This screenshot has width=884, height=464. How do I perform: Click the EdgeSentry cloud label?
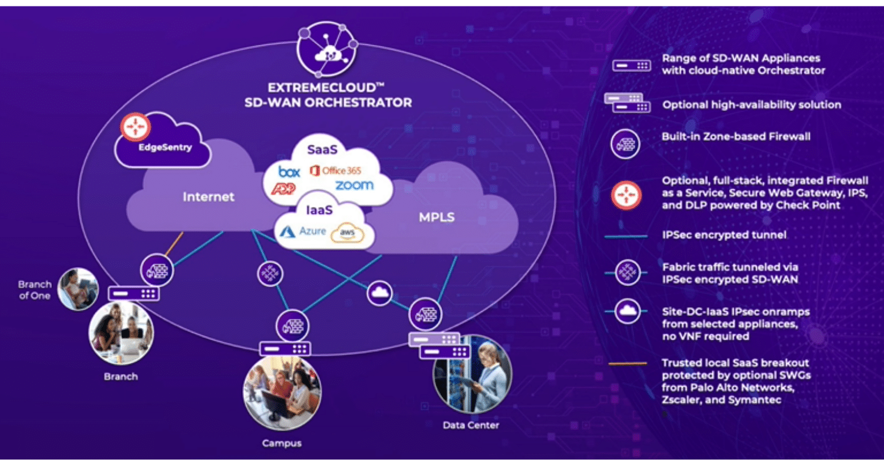pyautogui.click(x=164, y=147)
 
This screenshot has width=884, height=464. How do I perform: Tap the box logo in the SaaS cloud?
pyautogui.click(x=289, y=172)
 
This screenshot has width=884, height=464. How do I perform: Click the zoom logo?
pyautogui.click(x=354, y=185)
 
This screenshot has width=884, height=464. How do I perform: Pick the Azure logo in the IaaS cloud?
pyautogui.click(x=304, y=231)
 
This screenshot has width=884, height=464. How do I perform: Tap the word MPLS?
pyautogui.click(x=436, y=217)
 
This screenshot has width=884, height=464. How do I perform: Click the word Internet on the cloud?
pyautogui.click(x=208, y=196)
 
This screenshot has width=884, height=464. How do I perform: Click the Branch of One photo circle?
pyautogui.click(x=78, y=289)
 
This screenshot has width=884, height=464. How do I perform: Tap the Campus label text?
pyautogui.click(x=282, y=443)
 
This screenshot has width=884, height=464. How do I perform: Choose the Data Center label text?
pyautogui.click(x=470, y=425)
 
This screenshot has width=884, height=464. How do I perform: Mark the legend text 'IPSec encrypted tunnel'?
pyautogui.click(x=723, y=235)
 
